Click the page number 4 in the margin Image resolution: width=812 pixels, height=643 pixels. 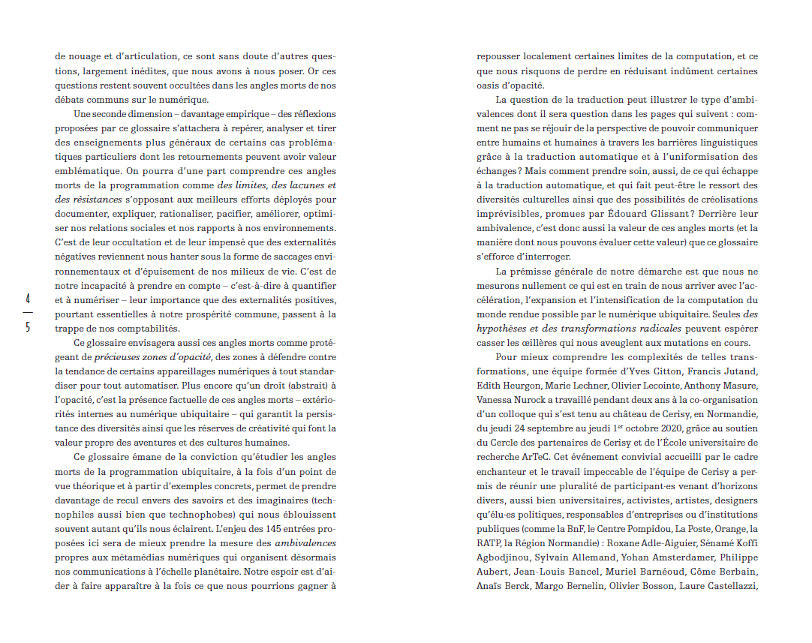pyautogui.click(x=27, y=298)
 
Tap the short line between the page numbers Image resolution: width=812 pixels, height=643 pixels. pyautogui.click(x=27, y=312)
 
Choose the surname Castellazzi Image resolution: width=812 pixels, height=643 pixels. pyautogui.click(x=727, y=586)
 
